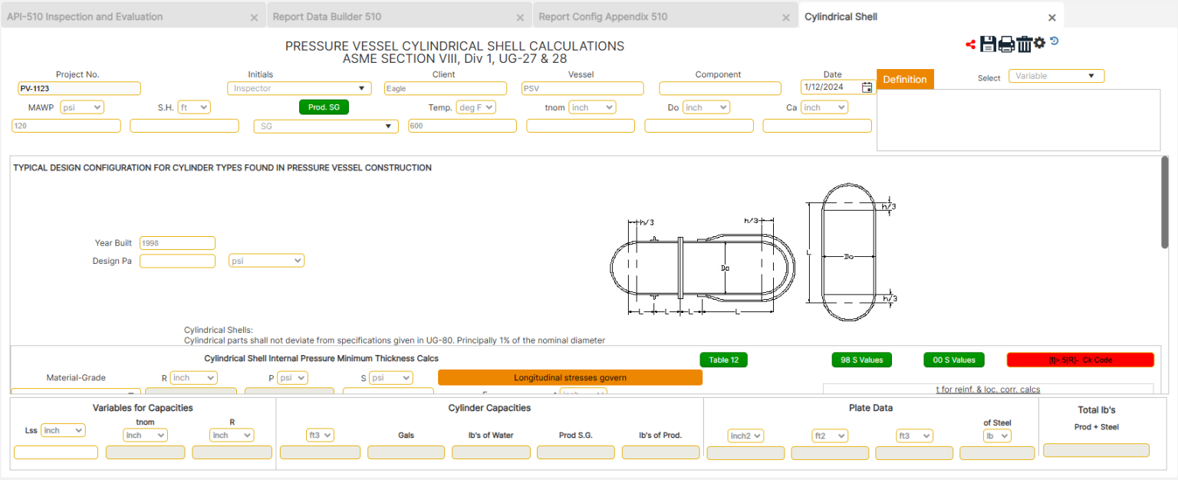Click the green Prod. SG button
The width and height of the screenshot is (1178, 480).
tap(324, 107)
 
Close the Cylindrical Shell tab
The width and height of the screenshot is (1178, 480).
tap(1052, 18)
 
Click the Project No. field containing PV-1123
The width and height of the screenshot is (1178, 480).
tap(79, 88)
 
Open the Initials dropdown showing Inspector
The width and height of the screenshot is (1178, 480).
tap(299, 88)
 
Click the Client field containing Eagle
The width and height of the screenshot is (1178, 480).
tap(445, 88)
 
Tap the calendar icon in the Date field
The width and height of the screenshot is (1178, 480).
tap(867, 87)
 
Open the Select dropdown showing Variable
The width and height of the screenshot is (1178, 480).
tap(1056, 76)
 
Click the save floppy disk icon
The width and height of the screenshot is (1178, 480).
tap(988, 44)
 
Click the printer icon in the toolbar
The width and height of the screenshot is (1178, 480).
tap(1006, 44)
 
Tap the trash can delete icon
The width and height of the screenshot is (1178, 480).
tap(1024, 44)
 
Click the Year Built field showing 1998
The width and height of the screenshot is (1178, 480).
tap(177, 243)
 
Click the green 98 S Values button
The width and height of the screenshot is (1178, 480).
tap(862, 360)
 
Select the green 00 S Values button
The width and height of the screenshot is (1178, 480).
tap(953, 360)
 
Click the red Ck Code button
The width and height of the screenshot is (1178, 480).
tap(1080, 360)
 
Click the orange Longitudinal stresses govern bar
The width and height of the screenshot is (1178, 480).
tap(570, 377)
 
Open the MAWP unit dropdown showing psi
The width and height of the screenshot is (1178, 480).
tap(81, 107)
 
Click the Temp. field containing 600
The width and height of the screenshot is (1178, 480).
tap(462, 126)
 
